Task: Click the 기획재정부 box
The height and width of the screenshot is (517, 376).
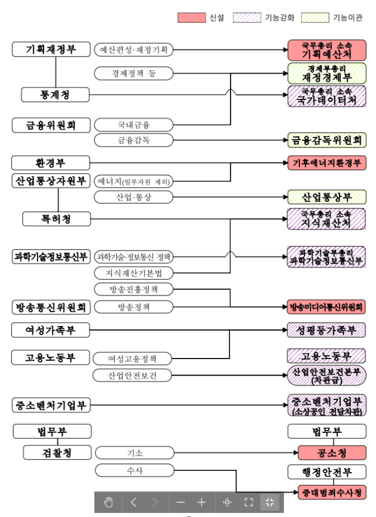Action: [x=51, y=49]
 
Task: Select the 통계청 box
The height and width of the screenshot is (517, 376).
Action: [x=55, y=94]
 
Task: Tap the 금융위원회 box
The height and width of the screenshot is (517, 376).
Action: [x=51, y=124]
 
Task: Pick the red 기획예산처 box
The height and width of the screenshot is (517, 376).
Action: [x=326, y=50]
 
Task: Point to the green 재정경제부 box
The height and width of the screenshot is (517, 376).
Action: [x=326, y=73]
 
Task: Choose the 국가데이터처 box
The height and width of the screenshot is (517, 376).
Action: [x=326, y=96]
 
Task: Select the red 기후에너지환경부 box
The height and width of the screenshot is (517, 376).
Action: [x=326, y=163]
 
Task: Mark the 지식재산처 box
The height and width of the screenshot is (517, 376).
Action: [x=326, y=219]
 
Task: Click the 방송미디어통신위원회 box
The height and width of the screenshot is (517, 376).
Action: [x=326, y=307]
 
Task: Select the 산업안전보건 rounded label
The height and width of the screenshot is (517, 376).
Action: [x=133, y=376]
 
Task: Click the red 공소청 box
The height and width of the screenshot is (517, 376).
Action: [x=326, y=453]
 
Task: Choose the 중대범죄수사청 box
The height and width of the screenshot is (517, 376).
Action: [x=332, y=491]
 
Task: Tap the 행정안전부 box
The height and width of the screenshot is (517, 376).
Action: [x=326, y=472]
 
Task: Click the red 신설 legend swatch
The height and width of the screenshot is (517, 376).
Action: [x=191, y=18]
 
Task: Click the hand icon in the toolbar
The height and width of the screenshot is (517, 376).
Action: [x=109, y=502]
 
